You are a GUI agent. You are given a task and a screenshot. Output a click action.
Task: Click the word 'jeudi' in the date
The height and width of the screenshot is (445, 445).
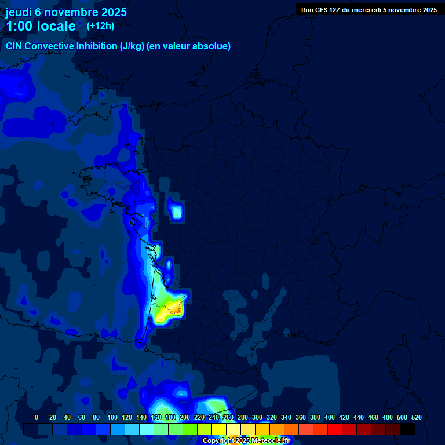coord(19,12)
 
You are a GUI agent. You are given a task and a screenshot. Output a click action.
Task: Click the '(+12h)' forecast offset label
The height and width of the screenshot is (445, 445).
coord(100,25)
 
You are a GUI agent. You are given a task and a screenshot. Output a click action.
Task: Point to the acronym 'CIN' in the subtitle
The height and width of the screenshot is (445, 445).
coord(14,46)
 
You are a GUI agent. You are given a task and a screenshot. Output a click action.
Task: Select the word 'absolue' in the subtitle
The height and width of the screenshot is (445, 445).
coord(212,46)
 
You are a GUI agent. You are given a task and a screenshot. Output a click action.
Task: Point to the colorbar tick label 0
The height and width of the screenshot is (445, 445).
coord(37,417)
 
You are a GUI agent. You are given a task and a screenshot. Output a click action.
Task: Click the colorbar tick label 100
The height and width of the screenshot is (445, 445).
coord(112,417)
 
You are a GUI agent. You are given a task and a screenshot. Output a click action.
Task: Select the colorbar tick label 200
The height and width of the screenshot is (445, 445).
coord(185,417)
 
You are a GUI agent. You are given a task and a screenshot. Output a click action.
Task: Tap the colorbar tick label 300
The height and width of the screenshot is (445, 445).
coord(257,417)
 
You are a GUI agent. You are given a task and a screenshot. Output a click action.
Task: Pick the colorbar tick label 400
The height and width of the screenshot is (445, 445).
coord(330,417)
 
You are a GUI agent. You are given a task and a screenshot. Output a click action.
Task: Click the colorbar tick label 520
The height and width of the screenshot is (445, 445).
coord(416,417)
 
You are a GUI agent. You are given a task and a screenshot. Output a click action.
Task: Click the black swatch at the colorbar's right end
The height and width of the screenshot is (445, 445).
coord(408,429)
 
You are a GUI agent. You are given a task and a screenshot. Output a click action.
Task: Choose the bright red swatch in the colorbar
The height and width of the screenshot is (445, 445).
coord(335,429)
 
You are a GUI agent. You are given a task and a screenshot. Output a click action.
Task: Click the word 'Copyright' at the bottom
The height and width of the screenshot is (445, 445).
coord(218,441)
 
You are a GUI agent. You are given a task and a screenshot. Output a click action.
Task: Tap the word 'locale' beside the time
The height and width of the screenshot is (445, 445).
coord(56,26)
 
